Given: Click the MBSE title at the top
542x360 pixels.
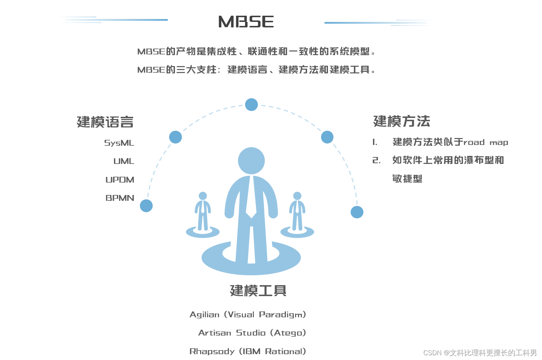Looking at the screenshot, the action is (246, 22).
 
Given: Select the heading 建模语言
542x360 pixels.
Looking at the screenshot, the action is (105, 122).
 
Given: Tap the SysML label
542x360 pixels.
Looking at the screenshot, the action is (119, 143).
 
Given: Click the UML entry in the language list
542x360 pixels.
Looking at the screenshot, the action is (124, 161).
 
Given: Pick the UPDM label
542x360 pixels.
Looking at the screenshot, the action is (120, 180).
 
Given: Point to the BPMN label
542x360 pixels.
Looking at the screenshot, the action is (120, 198).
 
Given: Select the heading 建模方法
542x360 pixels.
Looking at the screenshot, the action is (401, 121).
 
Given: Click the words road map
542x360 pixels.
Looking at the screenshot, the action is (486, 142).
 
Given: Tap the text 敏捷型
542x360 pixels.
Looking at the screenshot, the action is (407, 179).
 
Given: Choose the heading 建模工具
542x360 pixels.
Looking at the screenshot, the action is (258, 291).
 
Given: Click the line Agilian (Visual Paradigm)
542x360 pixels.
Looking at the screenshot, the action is (248, 315).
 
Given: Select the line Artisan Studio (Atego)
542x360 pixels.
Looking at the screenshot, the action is (252, 333).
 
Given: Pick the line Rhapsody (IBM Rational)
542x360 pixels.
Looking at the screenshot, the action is (248, 351).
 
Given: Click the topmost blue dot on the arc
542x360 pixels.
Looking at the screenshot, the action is (251, 105).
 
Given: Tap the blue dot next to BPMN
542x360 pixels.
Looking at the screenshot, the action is (146, 206).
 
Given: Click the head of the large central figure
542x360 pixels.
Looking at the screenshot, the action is (251, 161).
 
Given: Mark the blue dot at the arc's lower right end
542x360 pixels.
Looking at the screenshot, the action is (357, 212).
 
